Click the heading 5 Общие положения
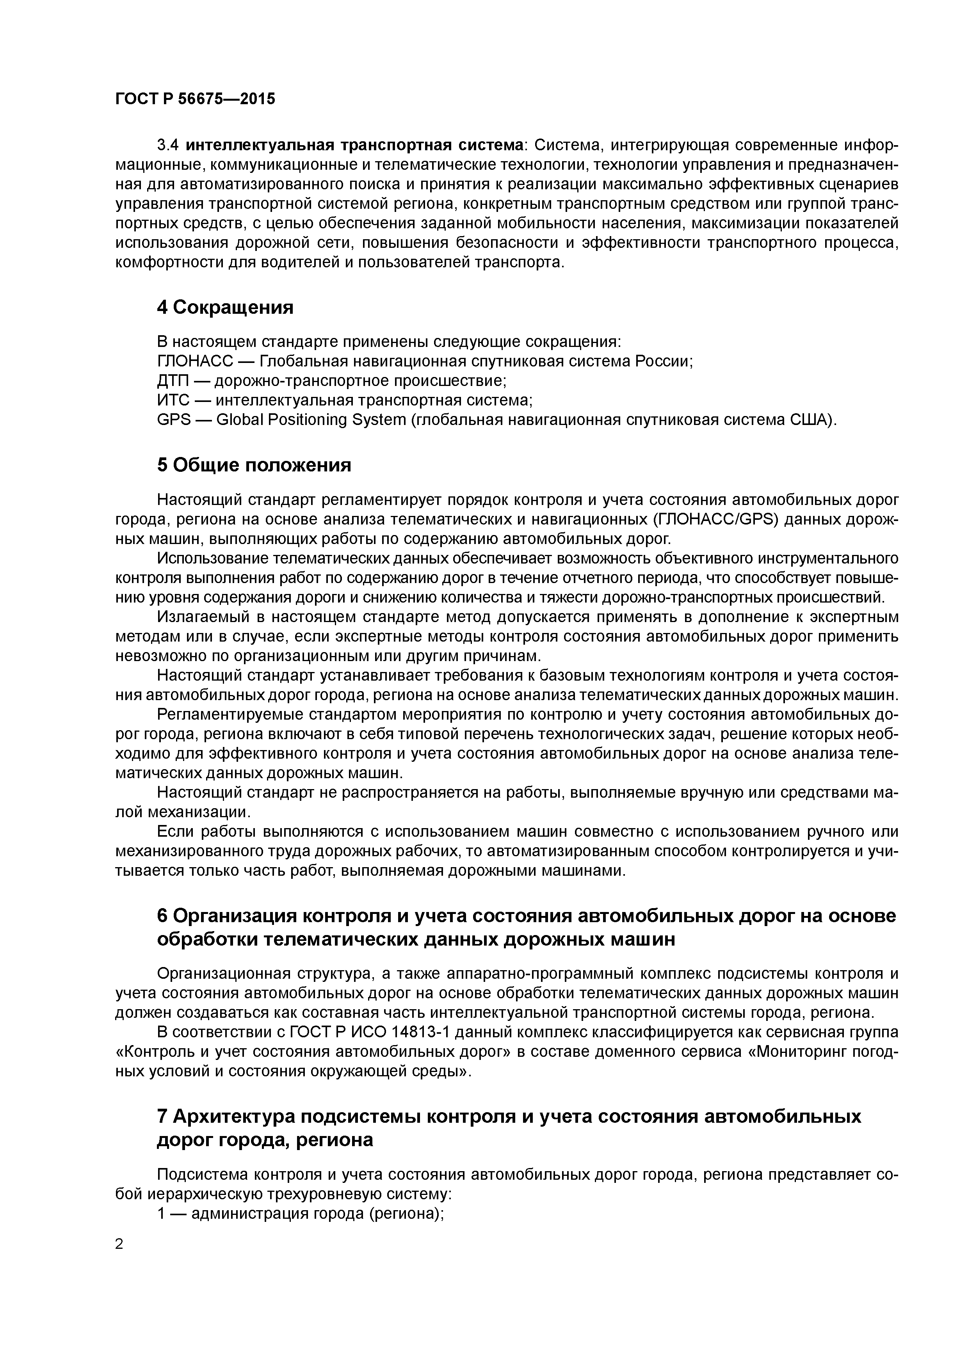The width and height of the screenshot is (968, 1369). point(253,465)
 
